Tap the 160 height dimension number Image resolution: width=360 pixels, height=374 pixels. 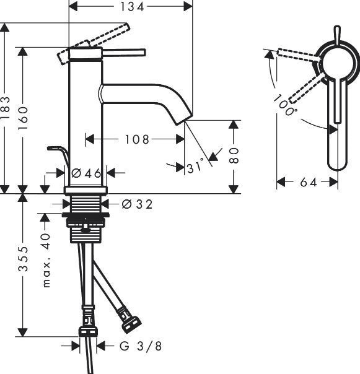click(x=24, y=118)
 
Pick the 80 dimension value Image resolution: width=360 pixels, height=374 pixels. click(x=234, y=155)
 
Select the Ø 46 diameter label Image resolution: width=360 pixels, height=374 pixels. click(x=86, y=173)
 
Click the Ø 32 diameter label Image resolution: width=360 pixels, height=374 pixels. click(x=137, y=203)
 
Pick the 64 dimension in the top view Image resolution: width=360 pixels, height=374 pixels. click(x=308, y=182)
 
